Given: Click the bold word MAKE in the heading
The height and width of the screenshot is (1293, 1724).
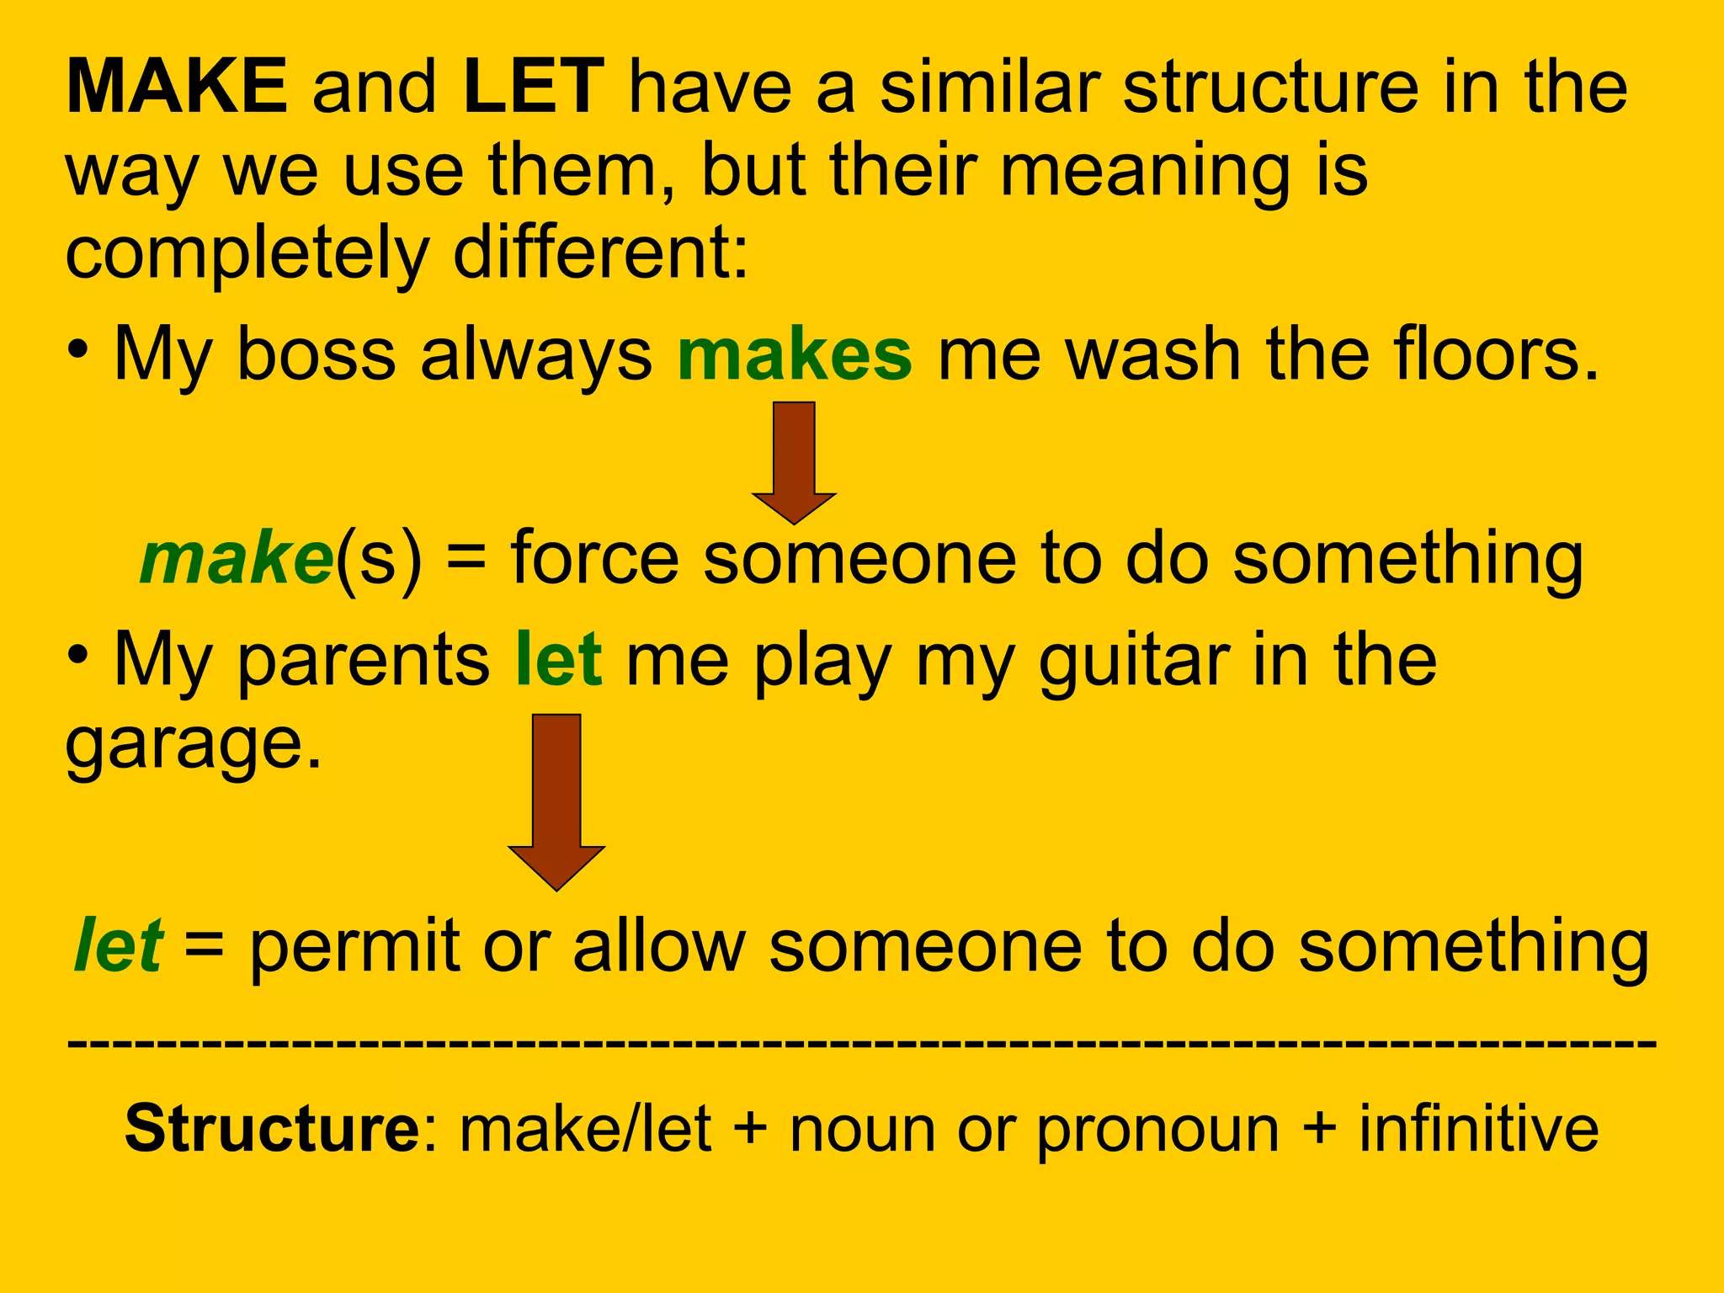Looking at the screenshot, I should coord(177,87).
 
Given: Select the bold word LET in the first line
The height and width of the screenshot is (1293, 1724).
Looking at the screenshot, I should coord(534,87).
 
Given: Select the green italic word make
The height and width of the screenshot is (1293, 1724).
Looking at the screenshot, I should coord(237,559).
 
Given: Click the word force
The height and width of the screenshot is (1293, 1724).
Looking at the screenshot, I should coord(594,559).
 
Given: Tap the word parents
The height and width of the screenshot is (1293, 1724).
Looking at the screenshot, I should coord(364,660).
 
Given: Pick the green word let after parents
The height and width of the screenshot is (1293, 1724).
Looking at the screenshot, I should coord(559,660).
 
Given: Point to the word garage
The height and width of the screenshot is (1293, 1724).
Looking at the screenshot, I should coord(194,746).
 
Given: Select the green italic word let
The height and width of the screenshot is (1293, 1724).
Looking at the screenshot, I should coord(118,946).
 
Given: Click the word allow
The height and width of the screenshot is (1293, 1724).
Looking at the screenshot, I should coord(659,946).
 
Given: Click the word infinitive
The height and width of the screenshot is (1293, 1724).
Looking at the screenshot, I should coord(1478,1129).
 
